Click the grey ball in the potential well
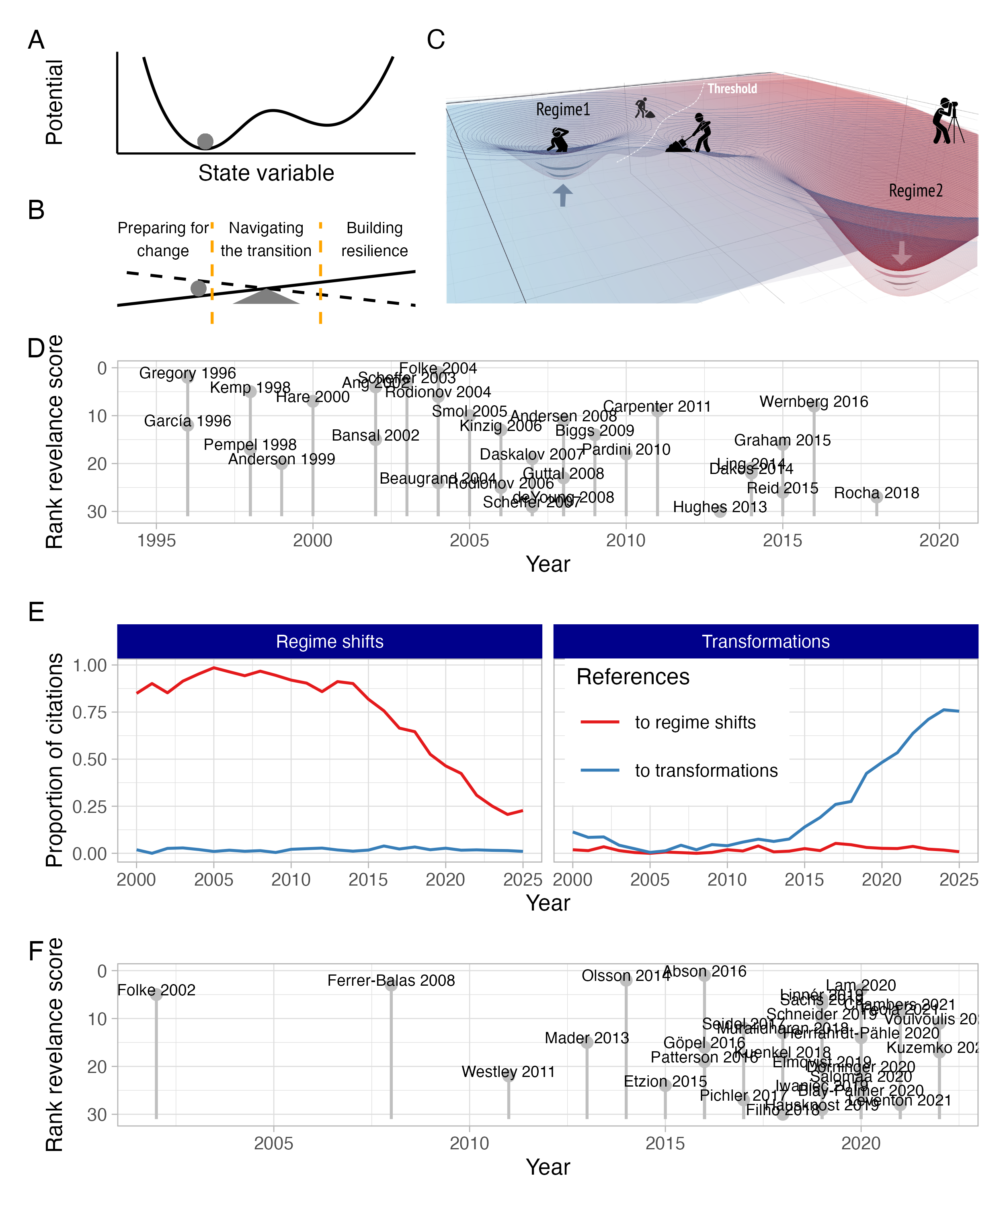205,141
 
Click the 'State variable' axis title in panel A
266,173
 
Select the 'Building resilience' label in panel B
374,240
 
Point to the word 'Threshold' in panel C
732,88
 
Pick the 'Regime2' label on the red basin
915,191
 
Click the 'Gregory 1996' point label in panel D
187,373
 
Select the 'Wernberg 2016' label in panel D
813,402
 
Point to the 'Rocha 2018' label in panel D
876,493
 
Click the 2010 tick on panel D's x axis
626,540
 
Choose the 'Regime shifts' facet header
330,642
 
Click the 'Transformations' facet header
765,642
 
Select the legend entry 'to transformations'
706,770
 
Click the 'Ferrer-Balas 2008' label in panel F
391,980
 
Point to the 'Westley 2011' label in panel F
508,1072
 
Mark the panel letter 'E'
36,612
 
